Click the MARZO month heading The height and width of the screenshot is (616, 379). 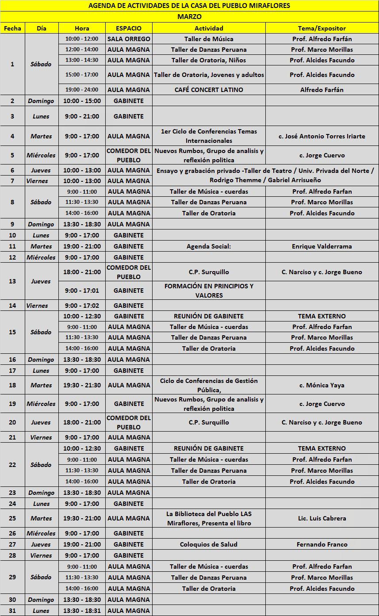[x=189, y=17]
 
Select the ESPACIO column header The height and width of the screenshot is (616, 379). [x=129, y=28]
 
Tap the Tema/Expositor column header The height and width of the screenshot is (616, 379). [x=322, y=28]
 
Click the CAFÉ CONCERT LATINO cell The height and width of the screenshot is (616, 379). [x=209, y=90]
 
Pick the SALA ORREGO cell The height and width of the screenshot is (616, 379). [x=129, y=39]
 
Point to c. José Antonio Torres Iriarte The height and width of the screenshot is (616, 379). [x=322, y=136]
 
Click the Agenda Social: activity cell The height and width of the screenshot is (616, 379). [x=209, y=246]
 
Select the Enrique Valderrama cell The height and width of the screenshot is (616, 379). [x=322, y=246]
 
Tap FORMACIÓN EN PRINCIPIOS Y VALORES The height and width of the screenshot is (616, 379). [x=209, y=291]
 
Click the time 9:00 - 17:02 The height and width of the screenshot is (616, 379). [x=82, y=306]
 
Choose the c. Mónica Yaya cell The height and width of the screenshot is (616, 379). [x=322, y=385]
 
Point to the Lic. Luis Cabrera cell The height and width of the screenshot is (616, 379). [x=322, y=518]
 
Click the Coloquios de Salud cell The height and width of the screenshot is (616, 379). [x=209, y=544]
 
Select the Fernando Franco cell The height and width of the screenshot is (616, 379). [x=322, y=544]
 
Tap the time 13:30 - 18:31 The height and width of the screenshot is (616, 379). [x=82, y=611]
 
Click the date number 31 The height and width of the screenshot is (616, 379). [x=12, y=611]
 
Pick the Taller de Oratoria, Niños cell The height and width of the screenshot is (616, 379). [x=209, y=60]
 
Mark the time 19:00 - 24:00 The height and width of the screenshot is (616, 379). [x=82, y=90]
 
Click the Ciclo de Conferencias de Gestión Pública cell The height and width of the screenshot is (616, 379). [x=209, y=385]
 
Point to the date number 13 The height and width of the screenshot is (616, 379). [x=12, y=281]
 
